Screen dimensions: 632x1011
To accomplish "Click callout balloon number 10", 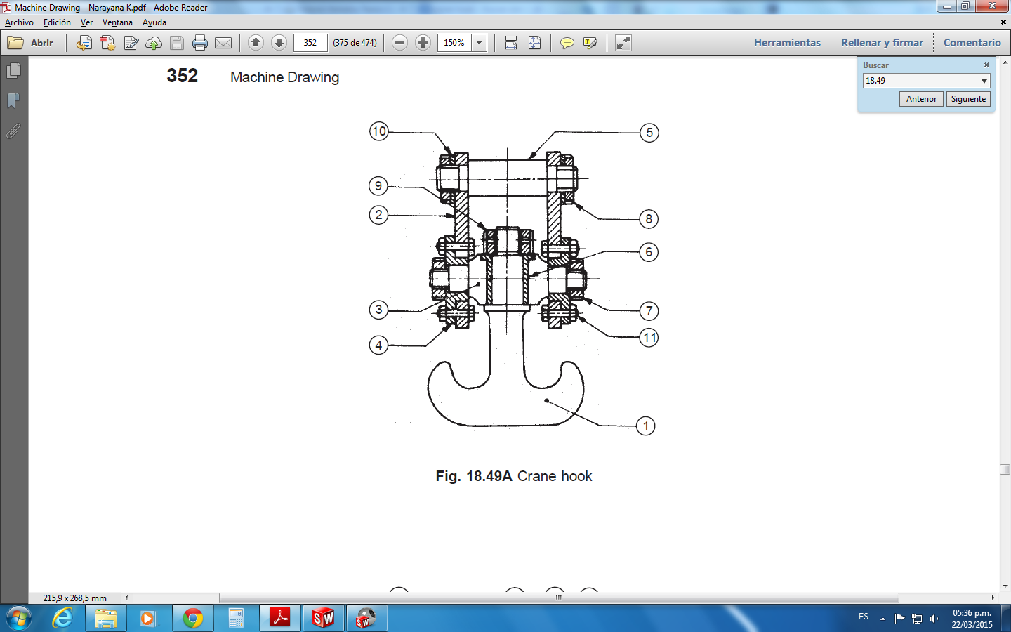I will click(379, 131).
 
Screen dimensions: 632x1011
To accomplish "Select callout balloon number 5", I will click(649, 133).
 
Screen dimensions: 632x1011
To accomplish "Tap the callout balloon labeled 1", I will click(646, 426).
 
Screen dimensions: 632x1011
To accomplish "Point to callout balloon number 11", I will click(649, 338).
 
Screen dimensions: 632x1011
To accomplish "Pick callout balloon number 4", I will click(378, 345).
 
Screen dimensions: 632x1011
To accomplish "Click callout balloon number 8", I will click(649, 219).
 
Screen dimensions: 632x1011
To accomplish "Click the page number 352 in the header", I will click(183, 76).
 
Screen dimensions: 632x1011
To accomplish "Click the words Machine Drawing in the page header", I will click(284, 77).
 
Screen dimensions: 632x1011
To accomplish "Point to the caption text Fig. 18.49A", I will click(474, 476).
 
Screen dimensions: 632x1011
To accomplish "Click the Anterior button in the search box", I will click(921, 99).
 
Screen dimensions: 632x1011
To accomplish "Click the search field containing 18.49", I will click(921, 81).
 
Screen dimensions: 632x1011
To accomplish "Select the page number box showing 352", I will click(310, 43).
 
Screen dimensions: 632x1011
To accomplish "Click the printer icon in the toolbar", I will click(200, 43).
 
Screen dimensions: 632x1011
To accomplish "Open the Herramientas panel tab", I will click(787, 43).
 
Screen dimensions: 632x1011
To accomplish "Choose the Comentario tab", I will click(972, 43).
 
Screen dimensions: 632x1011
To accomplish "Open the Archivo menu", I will click(19, 22).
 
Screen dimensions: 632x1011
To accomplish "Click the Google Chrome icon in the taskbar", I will click(192, 618).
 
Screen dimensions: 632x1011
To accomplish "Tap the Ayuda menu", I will click(154, 22).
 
